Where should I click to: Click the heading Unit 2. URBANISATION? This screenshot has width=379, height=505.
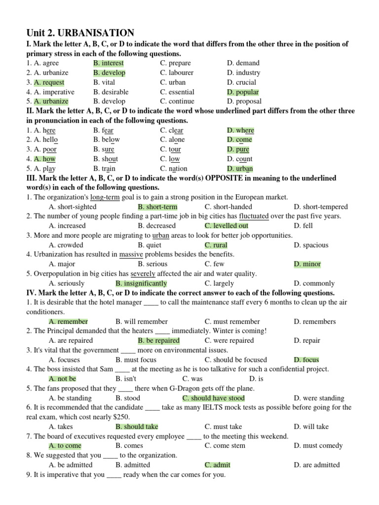80,33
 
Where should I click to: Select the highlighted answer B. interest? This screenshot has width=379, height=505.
109,63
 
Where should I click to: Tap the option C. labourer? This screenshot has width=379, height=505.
177,72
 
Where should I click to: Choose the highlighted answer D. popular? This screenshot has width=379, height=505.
243,92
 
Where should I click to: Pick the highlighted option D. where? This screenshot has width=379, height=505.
240,130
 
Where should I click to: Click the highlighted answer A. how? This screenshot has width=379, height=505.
44,159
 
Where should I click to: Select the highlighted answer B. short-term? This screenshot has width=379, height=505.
157,207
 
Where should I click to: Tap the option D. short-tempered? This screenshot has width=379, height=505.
320,207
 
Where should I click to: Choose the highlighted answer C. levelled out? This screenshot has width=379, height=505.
227,226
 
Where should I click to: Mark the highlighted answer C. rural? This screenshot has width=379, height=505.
216,245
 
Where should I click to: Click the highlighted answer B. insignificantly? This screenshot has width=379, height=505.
141,284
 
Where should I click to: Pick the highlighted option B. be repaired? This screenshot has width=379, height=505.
158,340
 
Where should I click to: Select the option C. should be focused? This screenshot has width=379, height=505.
236,360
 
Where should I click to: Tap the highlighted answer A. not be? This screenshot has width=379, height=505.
62,379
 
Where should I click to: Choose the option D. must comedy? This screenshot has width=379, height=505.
318,445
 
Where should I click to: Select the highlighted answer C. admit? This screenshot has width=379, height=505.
217,465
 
